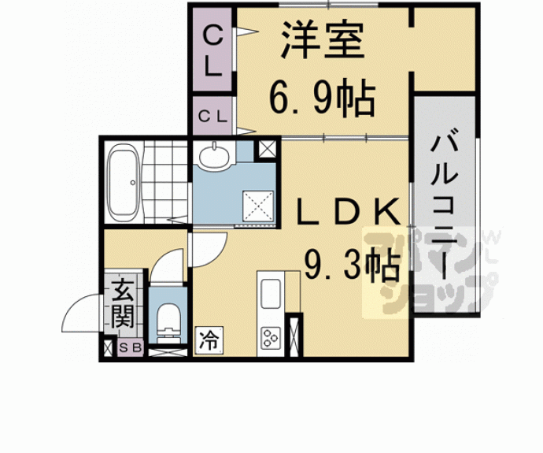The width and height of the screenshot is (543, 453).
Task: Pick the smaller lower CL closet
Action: (x=212, y=117)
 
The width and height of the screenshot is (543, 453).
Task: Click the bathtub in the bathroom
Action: (x=124, y=184)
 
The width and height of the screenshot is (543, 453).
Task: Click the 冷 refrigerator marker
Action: (x=208, y=340)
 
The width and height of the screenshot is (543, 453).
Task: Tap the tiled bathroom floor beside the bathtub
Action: (x=166, y=181)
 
